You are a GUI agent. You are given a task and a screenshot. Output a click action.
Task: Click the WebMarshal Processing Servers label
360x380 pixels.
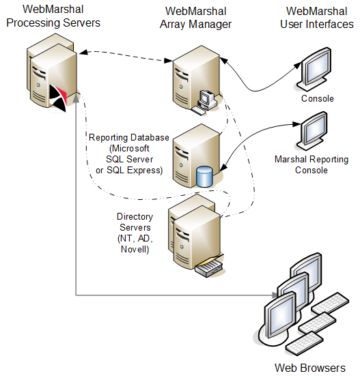click(51, 16)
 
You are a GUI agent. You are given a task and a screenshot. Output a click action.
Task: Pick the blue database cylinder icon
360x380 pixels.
click(204, 176)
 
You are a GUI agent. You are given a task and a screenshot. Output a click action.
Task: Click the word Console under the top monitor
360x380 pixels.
click(317, 99)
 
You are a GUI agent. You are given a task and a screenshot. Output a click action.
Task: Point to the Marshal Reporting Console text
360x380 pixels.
click(311, 164)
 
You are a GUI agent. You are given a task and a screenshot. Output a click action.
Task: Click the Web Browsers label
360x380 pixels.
click(309, 368)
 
